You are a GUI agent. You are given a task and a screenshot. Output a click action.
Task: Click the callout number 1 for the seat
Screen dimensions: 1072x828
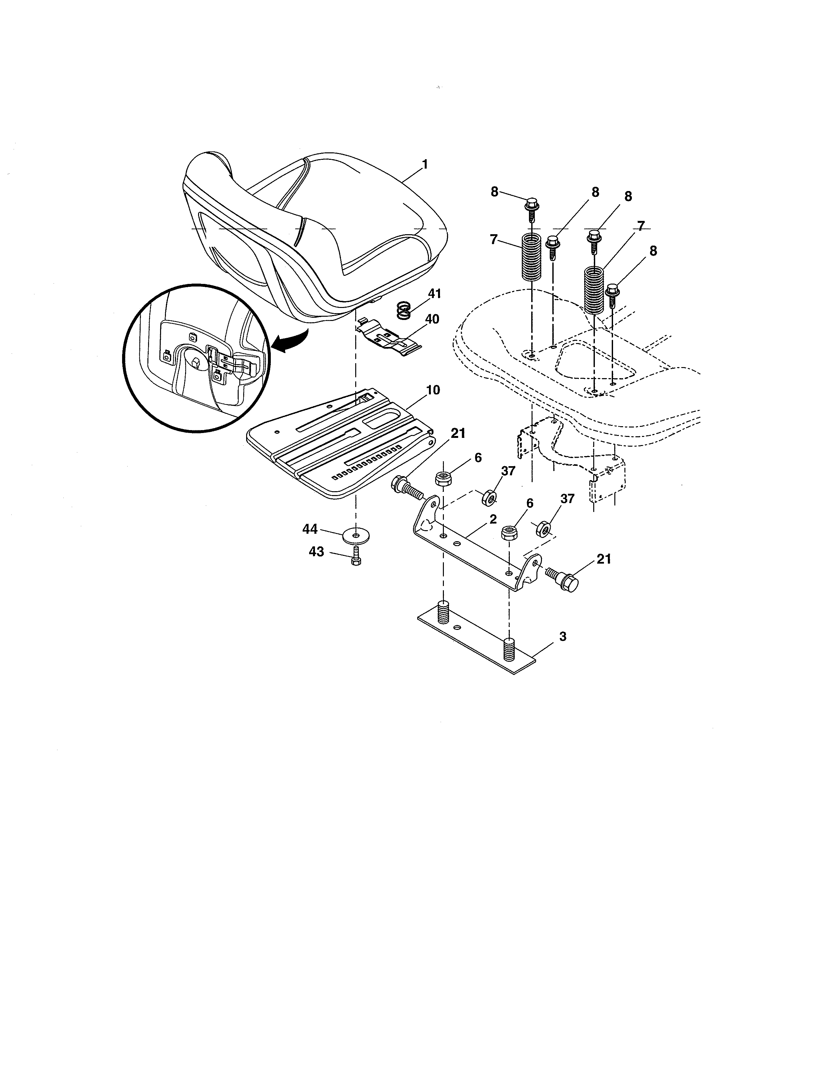425,164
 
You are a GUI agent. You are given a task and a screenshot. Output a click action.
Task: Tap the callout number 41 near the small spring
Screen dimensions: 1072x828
434,294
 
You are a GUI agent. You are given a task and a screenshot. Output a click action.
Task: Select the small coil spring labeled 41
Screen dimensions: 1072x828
403,311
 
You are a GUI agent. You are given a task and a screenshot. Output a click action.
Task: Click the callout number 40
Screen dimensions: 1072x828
432,319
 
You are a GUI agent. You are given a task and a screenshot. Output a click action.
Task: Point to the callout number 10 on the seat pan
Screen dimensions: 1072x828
433,390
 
